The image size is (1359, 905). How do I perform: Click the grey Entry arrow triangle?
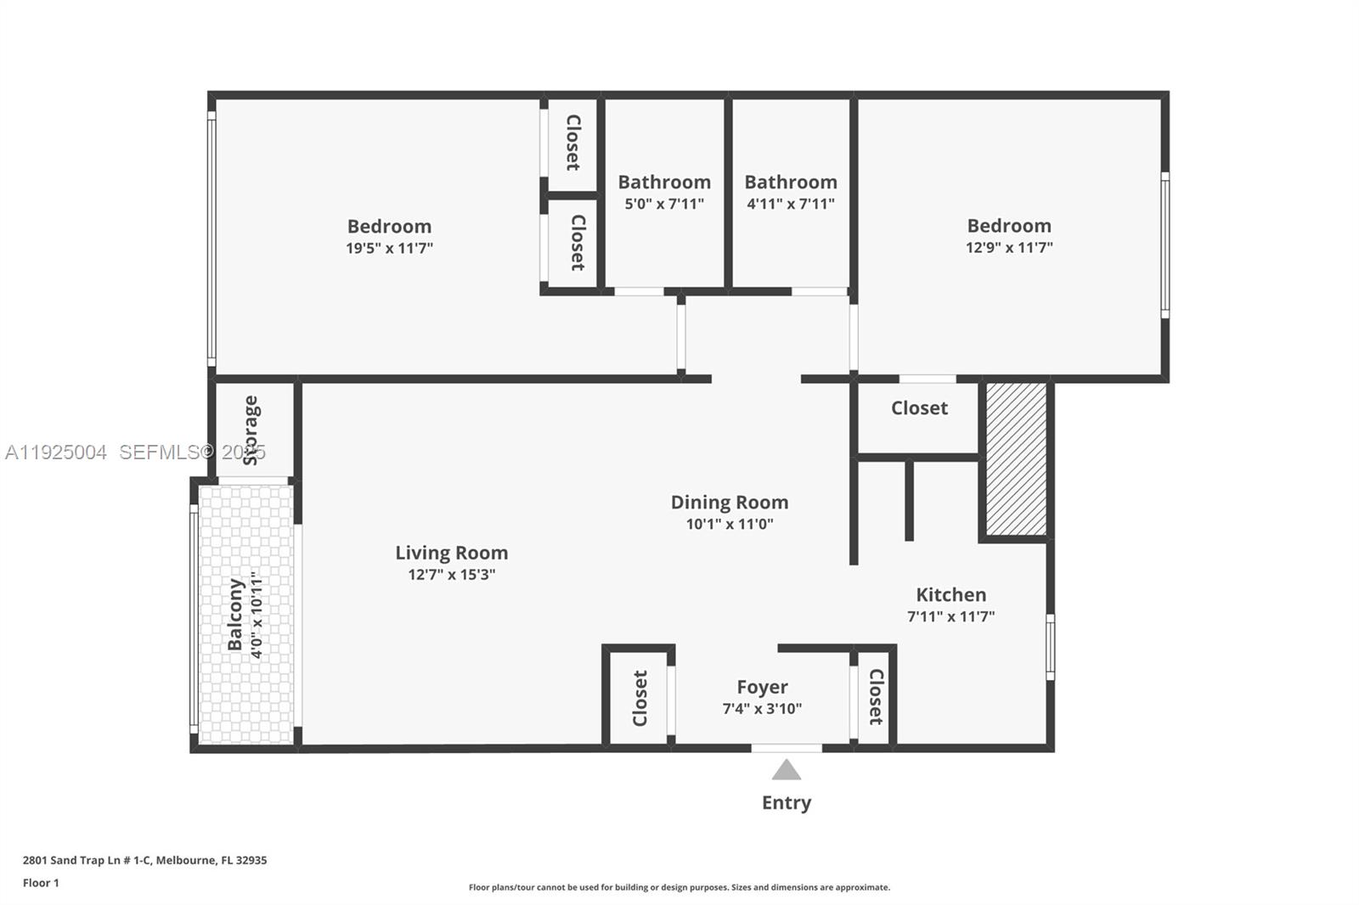coord(787,770)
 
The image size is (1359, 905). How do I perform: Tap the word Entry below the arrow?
coord(787,802)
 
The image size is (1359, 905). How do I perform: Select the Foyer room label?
coord(762,687)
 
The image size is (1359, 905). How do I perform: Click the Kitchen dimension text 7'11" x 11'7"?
coord(950,616)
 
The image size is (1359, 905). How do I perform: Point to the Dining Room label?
coord(730,502)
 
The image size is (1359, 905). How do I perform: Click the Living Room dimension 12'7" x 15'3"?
coord(451,574)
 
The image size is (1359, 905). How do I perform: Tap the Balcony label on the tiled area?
coord(235,614)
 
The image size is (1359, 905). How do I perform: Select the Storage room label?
coord(251,430)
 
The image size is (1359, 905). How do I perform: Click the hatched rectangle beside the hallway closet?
coord(1017,458)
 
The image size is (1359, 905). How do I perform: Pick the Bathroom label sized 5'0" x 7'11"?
coord(664,182)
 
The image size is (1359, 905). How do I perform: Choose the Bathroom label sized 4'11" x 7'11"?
coord(791,182)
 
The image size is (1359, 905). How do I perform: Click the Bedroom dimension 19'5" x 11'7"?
coord(389,248)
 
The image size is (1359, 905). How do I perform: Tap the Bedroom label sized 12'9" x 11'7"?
coord(1009,226)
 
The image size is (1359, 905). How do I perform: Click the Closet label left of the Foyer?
coord(640,698)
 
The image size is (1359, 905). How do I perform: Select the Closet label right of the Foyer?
coord(876,697)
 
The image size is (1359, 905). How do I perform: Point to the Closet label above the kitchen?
coord(919,408)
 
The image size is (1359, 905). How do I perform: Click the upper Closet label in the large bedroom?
coord(573,143)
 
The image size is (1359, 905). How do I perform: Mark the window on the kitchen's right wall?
coord(1050,647)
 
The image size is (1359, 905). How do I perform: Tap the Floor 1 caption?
coord(41,883)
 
